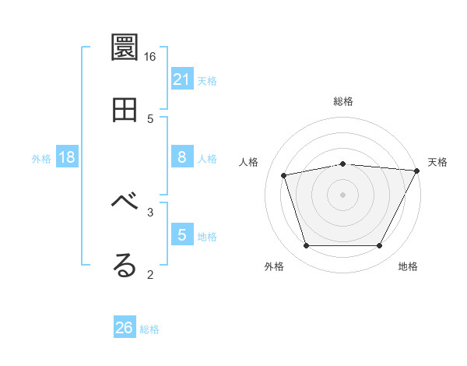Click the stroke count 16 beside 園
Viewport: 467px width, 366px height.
pos(150,57)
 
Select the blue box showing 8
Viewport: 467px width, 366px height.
pos(182,157)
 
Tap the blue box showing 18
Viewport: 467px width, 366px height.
pos(67,157)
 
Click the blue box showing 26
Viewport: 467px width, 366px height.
pos(125,328)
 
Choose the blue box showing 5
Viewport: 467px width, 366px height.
pos(182,235)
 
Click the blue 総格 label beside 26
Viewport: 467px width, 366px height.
pos(149,329)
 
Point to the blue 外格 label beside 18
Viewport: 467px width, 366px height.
pos(41,159)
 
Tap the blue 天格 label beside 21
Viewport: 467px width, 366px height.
pos(207,80)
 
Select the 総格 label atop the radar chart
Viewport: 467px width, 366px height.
pos(343,101)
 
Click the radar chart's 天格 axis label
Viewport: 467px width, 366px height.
pos(438,162)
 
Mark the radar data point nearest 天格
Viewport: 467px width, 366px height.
pos(417,171)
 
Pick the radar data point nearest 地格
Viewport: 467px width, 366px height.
pos(379,246)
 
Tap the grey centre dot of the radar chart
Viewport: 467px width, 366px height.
pos(342,195)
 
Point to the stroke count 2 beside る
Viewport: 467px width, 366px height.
pos(150,274)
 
